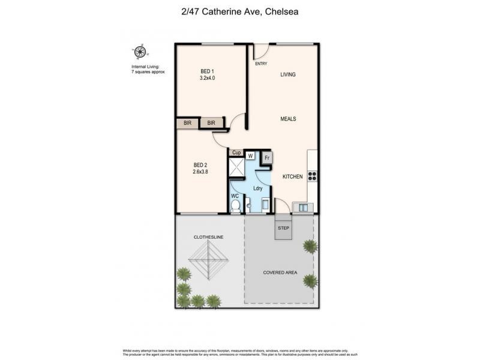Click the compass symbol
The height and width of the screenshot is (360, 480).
click(x=140, y=52)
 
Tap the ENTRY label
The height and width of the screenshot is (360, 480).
click(x=261, y=64)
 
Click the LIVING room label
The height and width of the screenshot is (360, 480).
click(x=288, y=74)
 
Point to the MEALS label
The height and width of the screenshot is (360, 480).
click(x=288, y=119)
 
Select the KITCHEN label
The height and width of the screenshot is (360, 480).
click(x=293, y=177)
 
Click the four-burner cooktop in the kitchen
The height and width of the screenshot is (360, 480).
click(x=312, y=176)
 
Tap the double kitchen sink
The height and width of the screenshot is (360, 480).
click(x=303, y=208)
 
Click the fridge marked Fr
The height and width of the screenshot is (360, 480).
click(x=268, y=158)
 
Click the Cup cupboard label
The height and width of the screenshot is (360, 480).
click(x=236, y=153)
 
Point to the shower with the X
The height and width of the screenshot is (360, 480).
click(x=236, y=168)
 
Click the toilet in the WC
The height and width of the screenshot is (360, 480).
click(x=236, y=206)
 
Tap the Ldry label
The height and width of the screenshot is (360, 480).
click(x=258, y=188)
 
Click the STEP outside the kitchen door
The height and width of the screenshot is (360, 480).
click(x=284, y=228)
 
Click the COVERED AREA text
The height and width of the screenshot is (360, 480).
click(x=280, y=272)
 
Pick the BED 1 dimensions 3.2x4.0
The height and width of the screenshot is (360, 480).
click(x=207, y=77)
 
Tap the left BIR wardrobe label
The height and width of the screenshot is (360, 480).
click(x=188, y=123)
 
